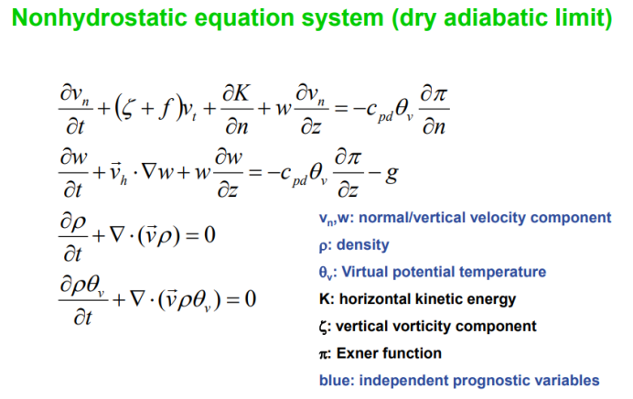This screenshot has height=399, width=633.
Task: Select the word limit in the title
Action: pyautogui.click(x=585, y=17)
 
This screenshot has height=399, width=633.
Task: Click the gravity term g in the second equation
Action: pyautogui.click(x=392, y=175)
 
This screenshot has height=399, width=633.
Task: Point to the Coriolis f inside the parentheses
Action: pyautogui.click(x=166, y=109)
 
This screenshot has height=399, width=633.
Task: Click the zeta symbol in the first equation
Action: pyautogui.click(x=127, y=109)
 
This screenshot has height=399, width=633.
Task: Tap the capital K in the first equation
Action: pyautogui.click(x=241, y=92)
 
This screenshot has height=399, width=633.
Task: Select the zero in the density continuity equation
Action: pyautogui.click(x=209, y=234)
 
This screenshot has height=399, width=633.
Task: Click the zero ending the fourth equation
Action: pyautogui.click(x=251, y=299)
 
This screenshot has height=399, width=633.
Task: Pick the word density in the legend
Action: pyautogui.click(x=362, y=244)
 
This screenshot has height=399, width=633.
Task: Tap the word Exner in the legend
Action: pyautogui.click(x=355, y=353)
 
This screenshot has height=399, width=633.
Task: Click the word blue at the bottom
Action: pyautogui.click(x=335, y=381)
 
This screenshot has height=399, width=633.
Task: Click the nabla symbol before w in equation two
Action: pyautogui.click(x=149, y=172)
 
